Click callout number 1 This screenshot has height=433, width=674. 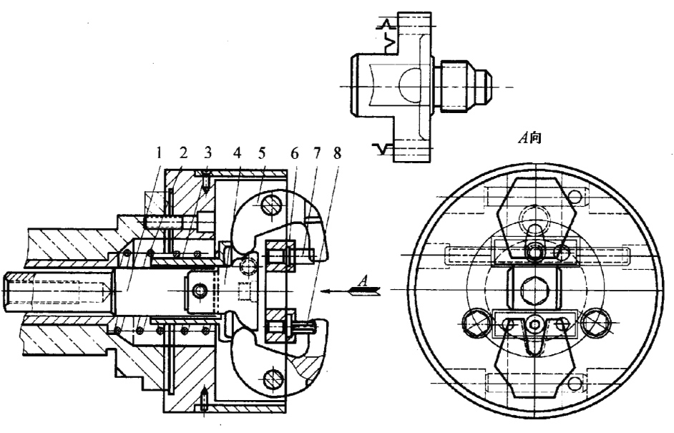pos(160,152)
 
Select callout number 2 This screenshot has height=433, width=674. pos(184,152)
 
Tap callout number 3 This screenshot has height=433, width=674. pos(208,152)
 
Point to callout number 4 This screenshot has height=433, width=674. pos(238,152)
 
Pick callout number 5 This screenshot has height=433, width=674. pos(262,152)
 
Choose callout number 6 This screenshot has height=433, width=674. pos(295,153)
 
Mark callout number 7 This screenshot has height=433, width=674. pos(317,153)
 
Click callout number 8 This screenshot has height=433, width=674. pos(338,153)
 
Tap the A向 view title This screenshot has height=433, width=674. pos(529,137)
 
